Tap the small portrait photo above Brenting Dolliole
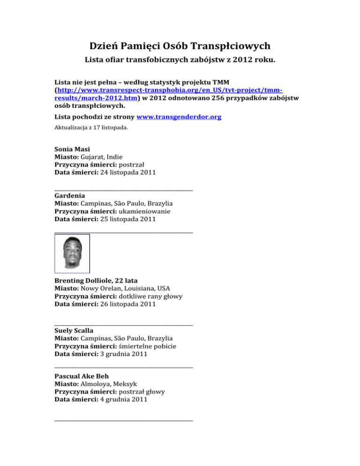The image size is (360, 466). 72,253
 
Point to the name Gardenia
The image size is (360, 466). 70,195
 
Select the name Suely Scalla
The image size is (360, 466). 74,330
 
